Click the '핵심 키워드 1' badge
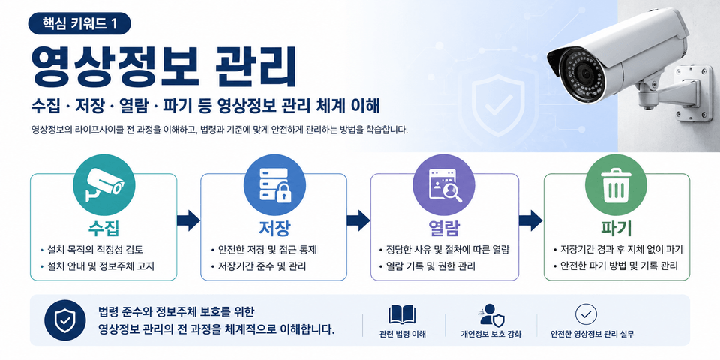(79, 23)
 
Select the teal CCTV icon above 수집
(103, 184)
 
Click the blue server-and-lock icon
(274, 184)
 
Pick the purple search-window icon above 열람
(444, 185)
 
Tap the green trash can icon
(616, 185)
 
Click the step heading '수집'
(103, 228)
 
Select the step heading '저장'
(274, 228)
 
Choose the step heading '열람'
(444, 228)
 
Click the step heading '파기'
(616, 228)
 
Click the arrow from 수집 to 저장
(188, 220)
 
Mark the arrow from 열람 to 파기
(530, 220)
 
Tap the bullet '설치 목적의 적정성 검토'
(95, 250)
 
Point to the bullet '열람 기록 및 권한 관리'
(430, 265)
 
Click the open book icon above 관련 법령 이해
(402, 314)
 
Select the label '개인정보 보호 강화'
(491, 334)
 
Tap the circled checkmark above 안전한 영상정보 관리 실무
(586, 314)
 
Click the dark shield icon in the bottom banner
(64, 320)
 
